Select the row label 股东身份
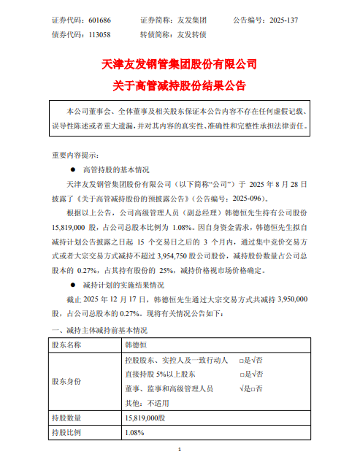click(x=66, y=381)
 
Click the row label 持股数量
click(x=66, y=418)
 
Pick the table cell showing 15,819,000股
click(x=146, y=418)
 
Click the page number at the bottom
click(x=180, y=456)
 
